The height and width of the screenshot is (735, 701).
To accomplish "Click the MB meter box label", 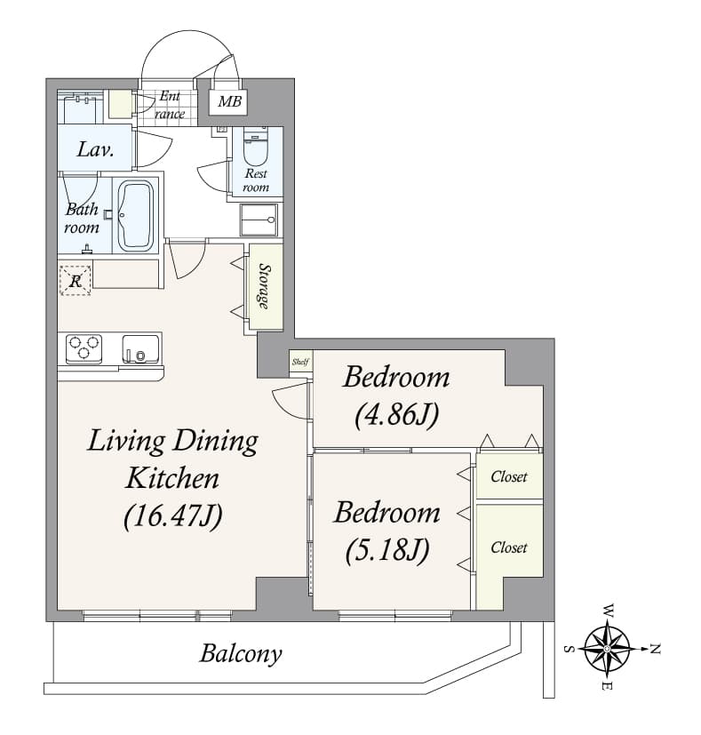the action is (229, 100).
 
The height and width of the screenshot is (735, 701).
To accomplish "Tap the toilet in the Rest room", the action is (255, 147).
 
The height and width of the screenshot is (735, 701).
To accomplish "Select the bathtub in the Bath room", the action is (135, 216).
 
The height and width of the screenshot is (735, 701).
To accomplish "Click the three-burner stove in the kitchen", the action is (84, 348).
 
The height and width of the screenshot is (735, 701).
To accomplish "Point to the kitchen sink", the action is (140, 348).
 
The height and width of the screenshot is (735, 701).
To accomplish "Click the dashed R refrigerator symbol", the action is (75, 280).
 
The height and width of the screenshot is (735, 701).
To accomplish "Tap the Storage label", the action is (265, 286).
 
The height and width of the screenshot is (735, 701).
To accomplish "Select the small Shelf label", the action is (300, 362).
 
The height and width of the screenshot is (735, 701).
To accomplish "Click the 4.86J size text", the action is (397, 415).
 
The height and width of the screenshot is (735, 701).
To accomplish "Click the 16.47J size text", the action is (173, 516).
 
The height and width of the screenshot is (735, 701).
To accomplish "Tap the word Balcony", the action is (241, 653).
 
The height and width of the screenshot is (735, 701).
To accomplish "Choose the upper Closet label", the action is (509, 476).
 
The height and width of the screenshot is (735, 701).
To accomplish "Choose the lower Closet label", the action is (509, 547).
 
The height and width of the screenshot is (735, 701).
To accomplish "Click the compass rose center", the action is (608, 649).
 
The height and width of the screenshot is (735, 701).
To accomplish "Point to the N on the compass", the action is (655, 649).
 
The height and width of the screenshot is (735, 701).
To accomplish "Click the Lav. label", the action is (95, 150).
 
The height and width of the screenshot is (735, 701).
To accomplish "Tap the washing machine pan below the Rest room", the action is (259, 220).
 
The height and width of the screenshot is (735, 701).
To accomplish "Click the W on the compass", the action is (609, 611).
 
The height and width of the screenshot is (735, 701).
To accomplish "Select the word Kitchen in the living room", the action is (172, 478).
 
